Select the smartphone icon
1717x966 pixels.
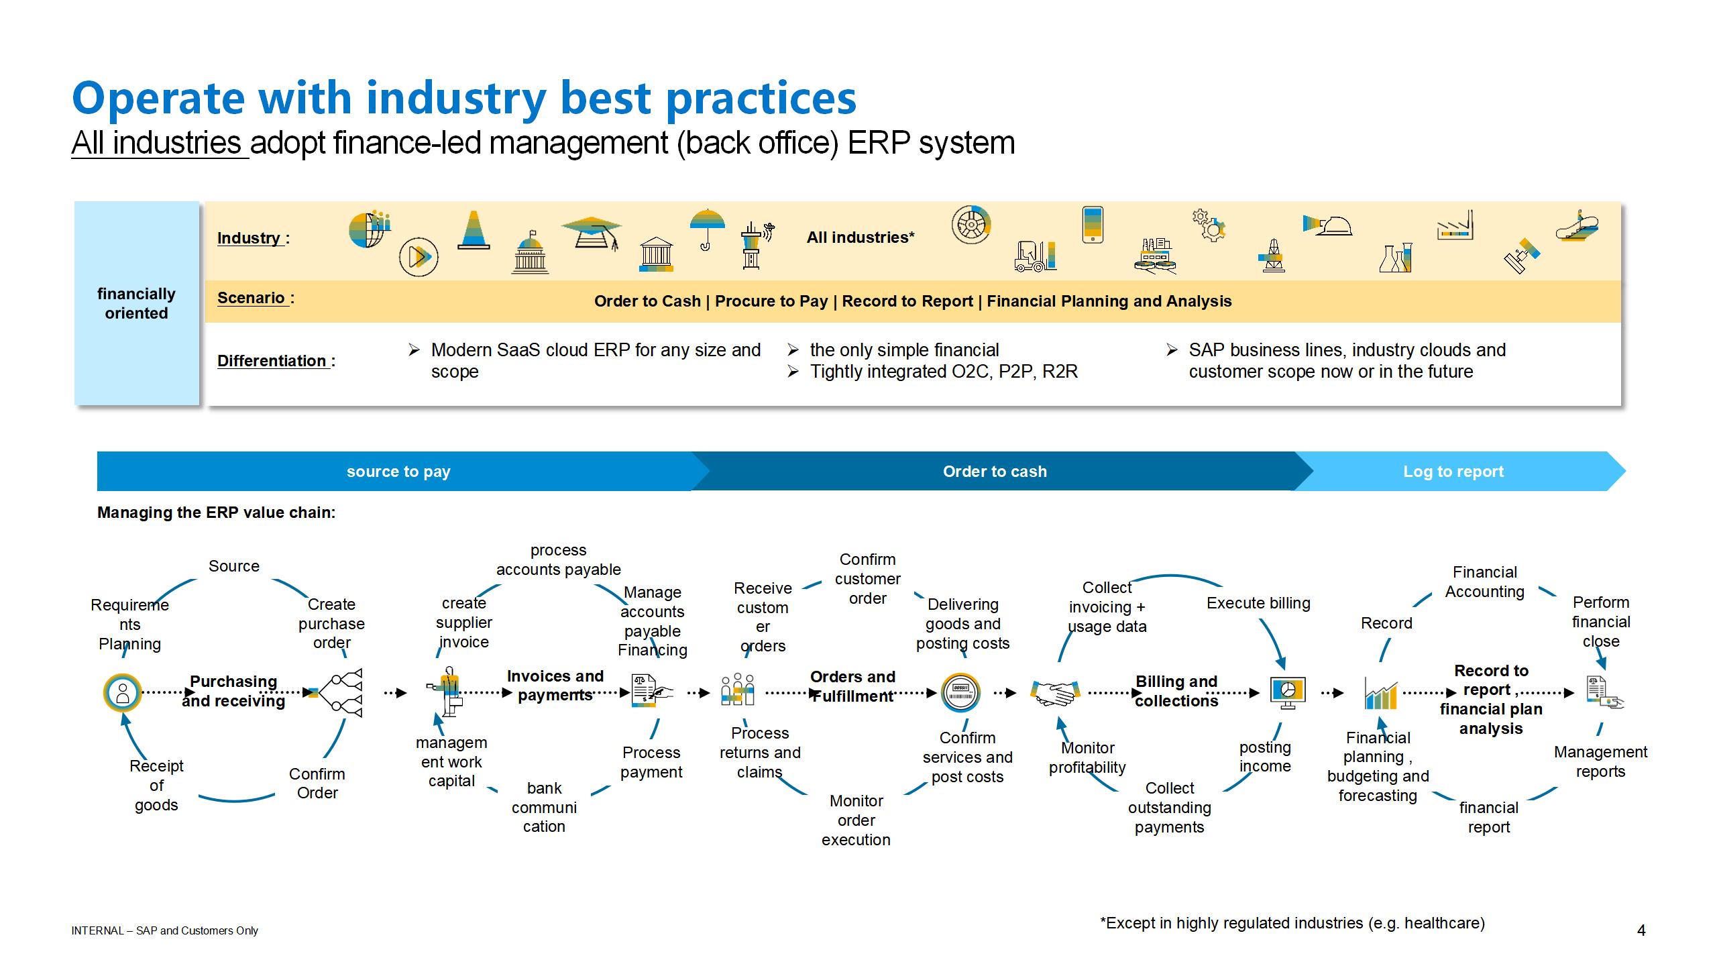pos(1093,224)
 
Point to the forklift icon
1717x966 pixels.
pos(1035,256)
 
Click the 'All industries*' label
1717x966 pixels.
pos(861,237)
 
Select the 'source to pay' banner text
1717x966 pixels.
pos(398,472)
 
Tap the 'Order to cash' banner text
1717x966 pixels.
pos(995,472)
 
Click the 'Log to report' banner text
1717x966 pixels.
pos(1453,472)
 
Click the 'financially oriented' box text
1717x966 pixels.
pos(136,303)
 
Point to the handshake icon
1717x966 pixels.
pos(1054,693)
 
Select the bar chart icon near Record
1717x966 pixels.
pos(1381,694)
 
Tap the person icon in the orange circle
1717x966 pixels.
pos(123,693)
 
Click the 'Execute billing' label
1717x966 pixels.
pos(1258,603)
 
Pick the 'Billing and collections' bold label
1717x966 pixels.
pos(1176,691)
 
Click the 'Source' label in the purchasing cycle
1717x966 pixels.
pos(233,566)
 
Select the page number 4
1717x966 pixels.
pos(1641,930)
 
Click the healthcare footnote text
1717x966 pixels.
pos(1292,923)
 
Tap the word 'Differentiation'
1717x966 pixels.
pos(272,361)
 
